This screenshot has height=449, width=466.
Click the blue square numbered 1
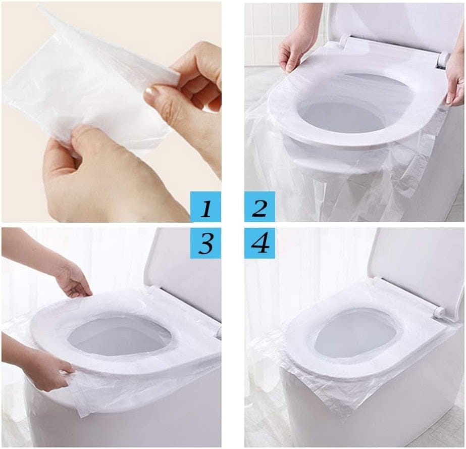(205, 207)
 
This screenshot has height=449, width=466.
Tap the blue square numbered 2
(260, 207)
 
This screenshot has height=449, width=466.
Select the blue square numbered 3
(205, 243)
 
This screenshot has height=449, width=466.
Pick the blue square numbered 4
(260, 243)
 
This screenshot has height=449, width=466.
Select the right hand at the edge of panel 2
(455, 80)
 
